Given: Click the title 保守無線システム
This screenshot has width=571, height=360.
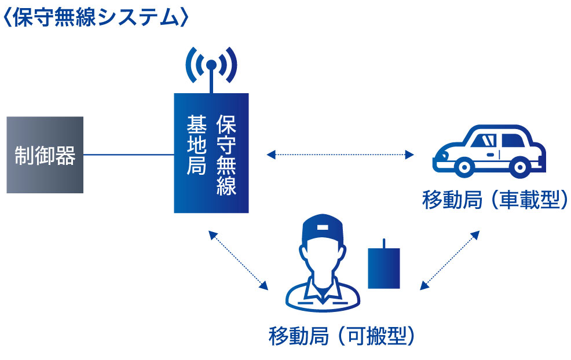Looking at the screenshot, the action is point(96,17).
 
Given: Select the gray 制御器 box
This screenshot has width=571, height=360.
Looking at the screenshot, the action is point(45,155).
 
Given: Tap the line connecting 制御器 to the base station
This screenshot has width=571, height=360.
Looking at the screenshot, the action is point(129,155).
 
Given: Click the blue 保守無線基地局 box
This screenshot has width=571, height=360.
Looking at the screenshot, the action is point(211,153).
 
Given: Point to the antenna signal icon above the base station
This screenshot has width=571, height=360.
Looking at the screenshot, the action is point(211,65).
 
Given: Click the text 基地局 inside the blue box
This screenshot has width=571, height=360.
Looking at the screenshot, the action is point(197,145).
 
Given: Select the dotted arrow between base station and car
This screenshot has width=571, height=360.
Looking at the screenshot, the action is point(340,155).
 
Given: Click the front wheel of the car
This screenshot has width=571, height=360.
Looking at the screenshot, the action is point(464,167).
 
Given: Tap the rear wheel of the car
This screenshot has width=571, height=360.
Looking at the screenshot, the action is point(520,167).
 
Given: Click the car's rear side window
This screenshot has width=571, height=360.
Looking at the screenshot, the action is point(513,141).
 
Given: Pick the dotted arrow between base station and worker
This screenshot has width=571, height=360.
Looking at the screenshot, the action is point(238,260).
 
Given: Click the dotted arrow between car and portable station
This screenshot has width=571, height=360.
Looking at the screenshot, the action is point(450,260).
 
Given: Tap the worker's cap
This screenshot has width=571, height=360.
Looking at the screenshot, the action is point(323,229).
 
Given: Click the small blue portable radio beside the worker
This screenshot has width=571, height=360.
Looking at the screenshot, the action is point(384,269).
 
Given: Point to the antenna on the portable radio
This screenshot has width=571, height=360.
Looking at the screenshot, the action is point(384,244).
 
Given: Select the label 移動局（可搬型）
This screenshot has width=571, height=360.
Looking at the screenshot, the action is point(342,336).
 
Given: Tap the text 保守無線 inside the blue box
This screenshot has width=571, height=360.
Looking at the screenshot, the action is point(226,155).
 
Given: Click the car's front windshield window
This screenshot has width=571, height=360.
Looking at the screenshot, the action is point(484,141).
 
